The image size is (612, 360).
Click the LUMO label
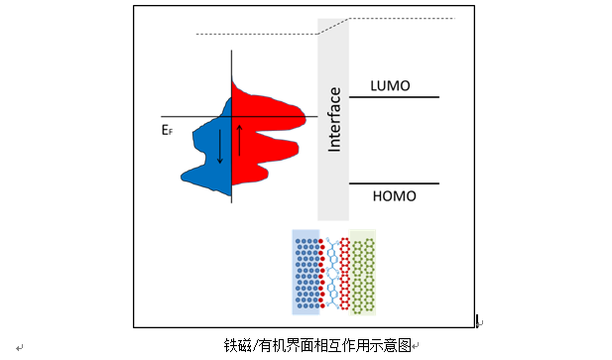click(390, 86)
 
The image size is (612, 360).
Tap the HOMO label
click(394, 196)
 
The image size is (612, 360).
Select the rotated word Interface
click(334, 119)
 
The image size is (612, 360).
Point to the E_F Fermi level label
click(167, 130)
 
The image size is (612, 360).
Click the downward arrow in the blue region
click(220, 146)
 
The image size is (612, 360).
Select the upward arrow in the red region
click(239, 141)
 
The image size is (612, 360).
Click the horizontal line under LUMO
click(394, 97)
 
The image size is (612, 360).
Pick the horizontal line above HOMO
click(394, 183)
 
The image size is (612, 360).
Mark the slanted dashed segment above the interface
click(333, 26)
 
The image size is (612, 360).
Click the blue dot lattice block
click(306, 273)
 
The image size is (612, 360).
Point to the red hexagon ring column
click(344, 274)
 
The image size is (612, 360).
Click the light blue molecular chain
click(332, 273)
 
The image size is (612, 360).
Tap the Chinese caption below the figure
click(317, 345)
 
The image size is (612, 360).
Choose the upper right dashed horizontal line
click(402, 18)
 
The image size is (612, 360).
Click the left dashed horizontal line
click(257, 35)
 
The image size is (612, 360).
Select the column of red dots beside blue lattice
click(321, 274)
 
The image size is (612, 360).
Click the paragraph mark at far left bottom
click(20, 347)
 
